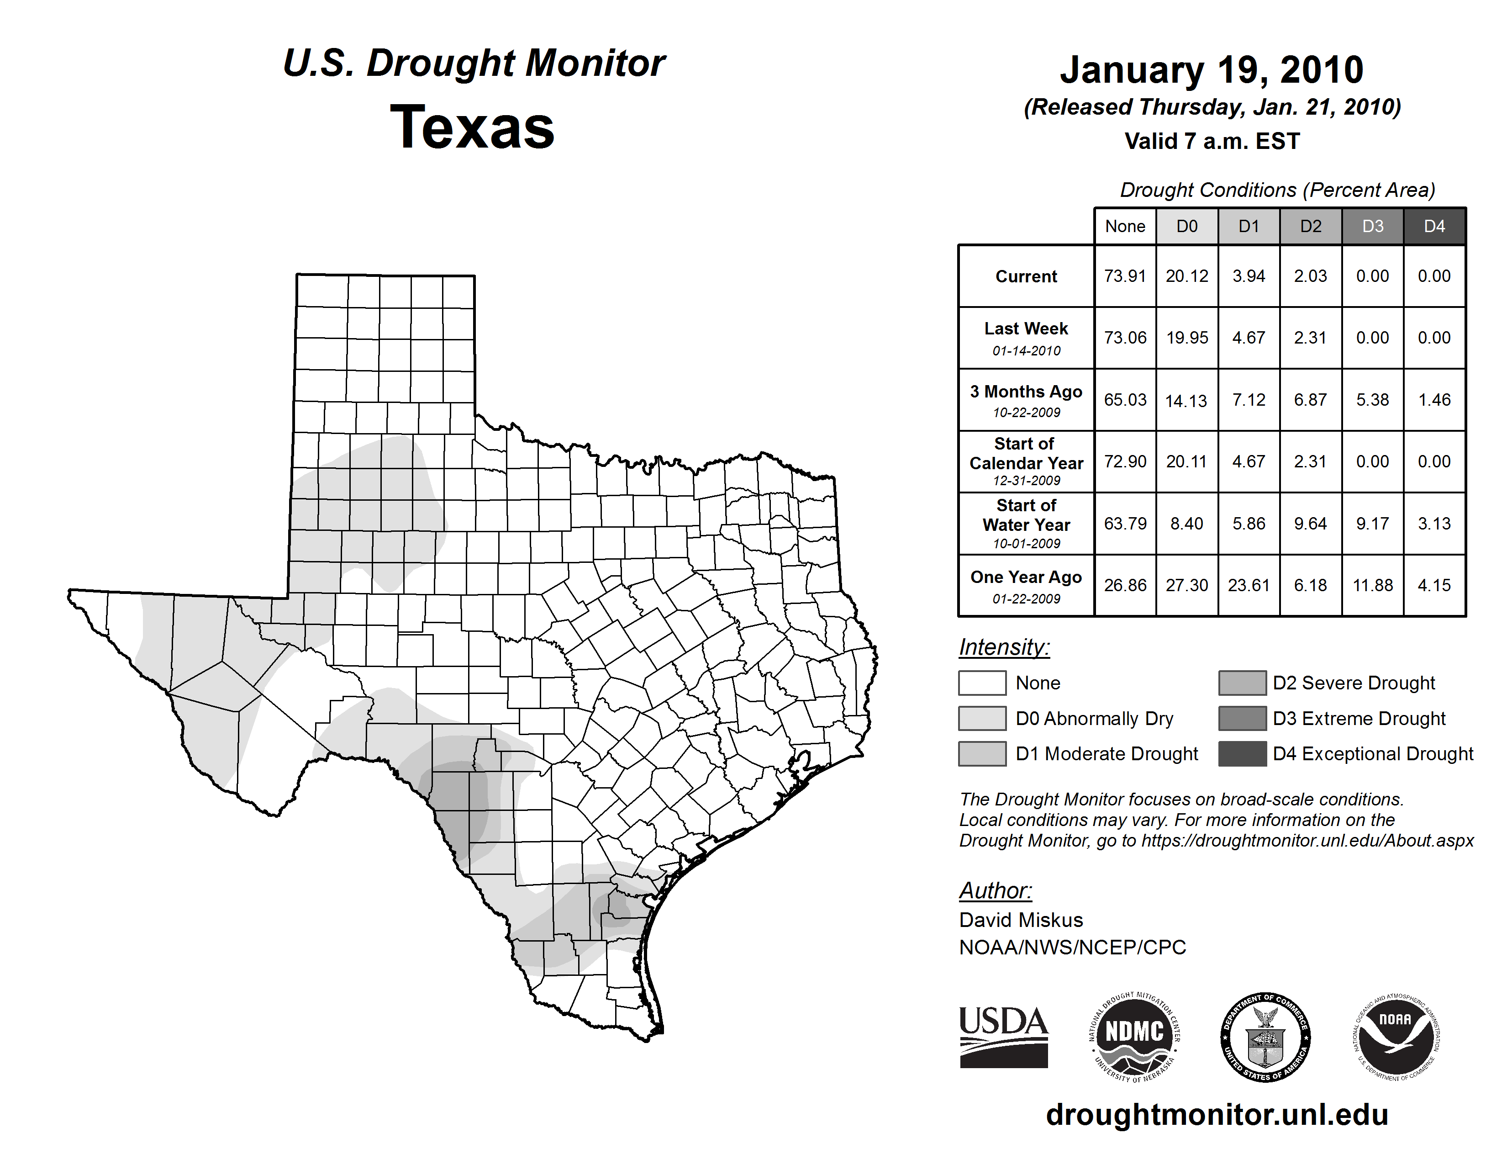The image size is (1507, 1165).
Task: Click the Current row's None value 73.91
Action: point(1125,276)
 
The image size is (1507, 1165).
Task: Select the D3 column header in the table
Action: point(1372,226)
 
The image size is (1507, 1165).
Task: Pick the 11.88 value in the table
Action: point(1372,585)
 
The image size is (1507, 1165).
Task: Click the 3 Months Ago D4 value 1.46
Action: point(1434,400)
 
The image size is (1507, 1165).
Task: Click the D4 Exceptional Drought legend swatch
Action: point(1242,754)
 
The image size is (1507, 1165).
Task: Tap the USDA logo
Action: point(1003,1037)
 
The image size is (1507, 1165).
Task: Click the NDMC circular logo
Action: point(1134,1037)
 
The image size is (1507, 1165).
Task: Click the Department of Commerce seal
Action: point(1265,1037)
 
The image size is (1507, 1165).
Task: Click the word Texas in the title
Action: point(472,127)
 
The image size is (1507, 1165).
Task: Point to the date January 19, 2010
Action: point(1212,70)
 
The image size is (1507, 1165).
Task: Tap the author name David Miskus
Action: point(1021,920)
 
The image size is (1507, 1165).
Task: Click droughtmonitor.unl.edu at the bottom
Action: point(1217,1115)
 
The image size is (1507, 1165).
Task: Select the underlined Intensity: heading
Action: point(1004,647)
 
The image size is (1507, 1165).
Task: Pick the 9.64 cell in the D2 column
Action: point(1310,524)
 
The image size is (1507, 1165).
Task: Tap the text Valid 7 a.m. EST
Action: point(1212,142)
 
